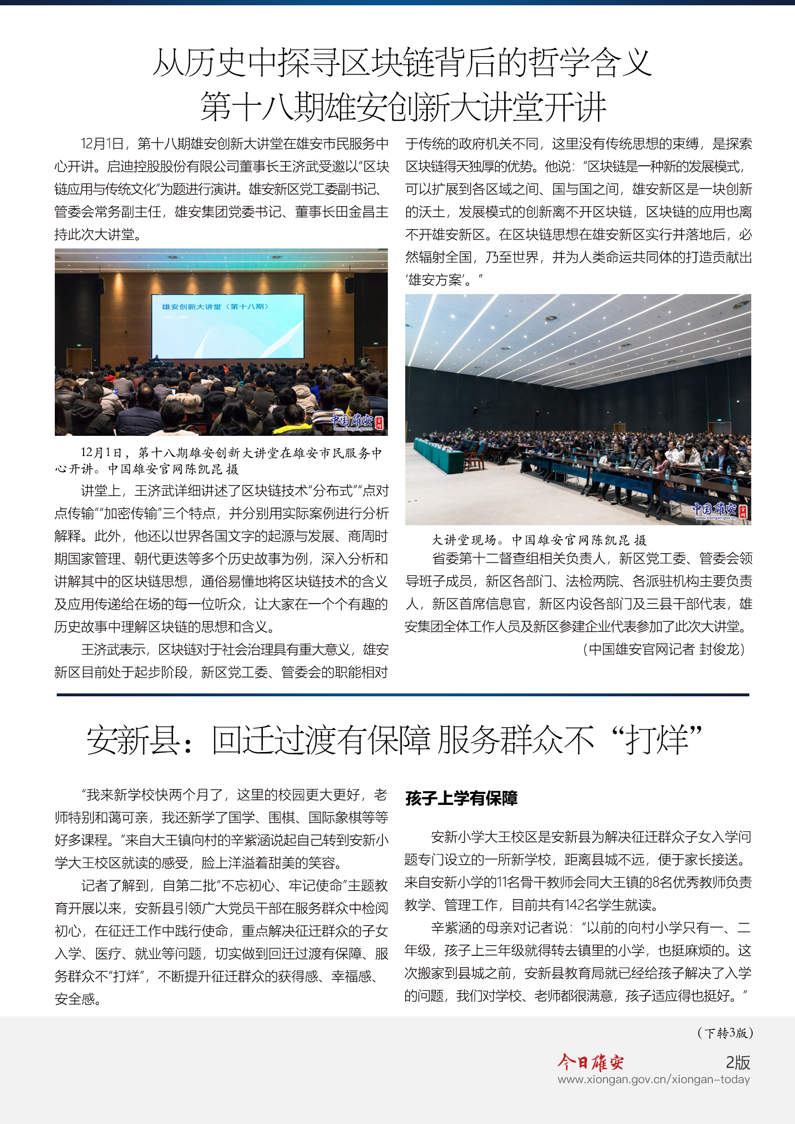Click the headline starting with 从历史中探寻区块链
pyautogui.click(x=401, y=62)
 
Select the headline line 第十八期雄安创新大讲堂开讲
pyautogui.click(x=403, y=107)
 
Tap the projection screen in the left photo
pyautogui.click(x=227, y=326)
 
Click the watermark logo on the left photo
pyautogui.click(x=357, y=421)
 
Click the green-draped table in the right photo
pyautogui.click(x=439, y=455)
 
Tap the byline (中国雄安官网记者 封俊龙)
pyautogui.click(x=663, y=649)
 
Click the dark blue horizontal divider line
pyautogui.click(x=402, y=694)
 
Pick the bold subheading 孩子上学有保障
pyautogui.click(x=461, y=799)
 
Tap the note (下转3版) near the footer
pyautogui.click(x=724, y=1033)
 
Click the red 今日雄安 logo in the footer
pyautogui.click(x=590, y=1062)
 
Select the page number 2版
pyautogui.click(x=738, y=1062)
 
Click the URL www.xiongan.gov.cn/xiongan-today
pyautogui.click(x=654, y=1079)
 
